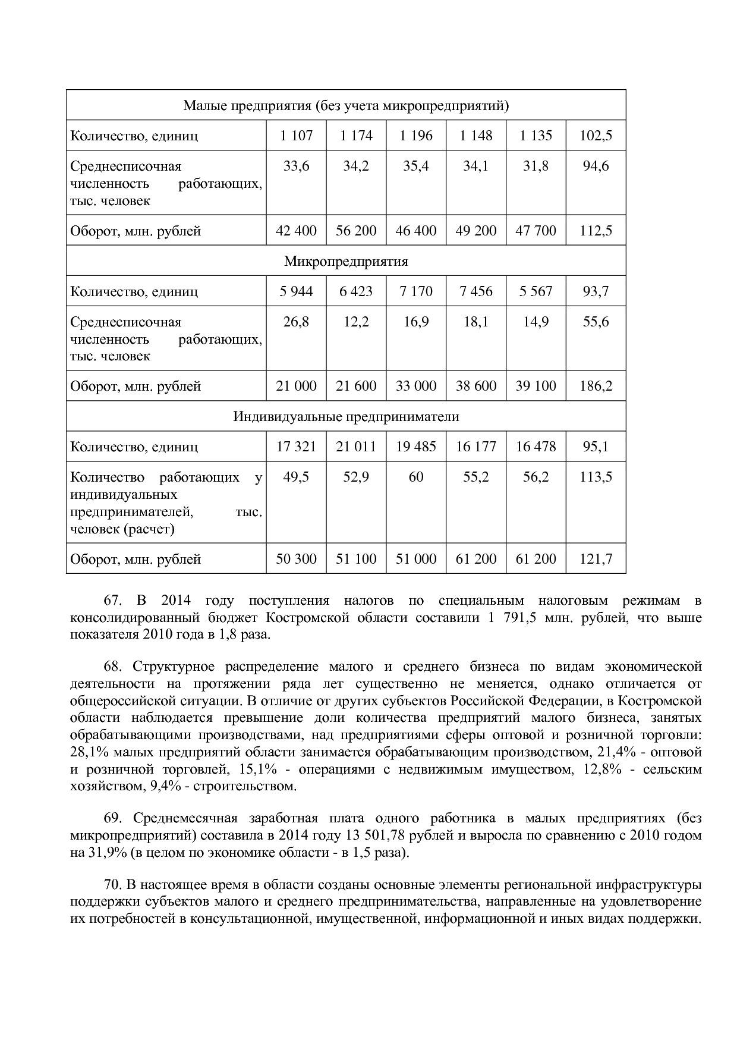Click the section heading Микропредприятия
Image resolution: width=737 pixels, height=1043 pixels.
point(346,262)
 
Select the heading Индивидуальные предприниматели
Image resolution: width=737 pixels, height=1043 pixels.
point(346,416)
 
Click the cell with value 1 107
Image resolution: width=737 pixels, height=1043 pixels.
point(296,136)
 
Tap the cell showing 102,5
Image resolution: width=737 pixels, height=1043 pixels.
point(596,136)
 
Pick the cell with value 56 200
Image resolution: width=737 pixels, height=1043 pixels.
point(356,231)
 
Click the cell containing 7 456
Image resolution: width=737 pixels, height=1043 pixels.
point(476,291)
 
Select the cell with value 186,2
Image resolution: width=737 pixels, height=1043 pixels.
point(596,386)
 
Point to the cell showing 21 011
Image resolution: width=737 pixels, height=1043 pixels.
point(356,447)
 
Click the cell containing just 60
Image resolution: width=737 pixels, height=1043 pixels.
point(416,477)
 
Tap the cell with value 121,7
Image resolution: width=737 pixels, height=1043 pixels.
point(596,559)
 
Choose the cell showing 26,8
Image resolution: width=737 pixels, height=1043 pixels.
point(296,322)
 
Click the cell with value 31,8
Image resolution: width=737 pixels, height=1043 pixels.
point(536,166)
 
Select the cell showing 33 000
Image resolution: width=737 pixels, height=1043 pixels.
point(416,386)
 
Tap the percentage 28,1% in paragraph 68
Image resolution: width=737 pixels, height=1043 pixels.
point(89,752)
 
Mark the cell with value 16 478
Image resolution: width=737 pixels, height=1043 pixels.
point(536,447)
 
